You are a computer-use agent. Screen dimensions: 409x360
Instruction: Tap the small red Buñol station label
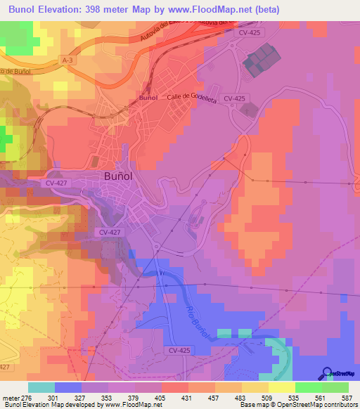148,98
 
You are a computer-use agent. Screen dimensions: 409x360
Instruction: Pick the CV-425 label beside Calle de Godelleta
233,99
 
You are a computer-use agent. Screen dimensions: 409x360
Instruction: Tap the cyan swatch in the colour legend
41,387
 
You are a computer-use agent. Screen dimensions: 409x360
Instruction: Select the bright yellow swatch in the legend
281,387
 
